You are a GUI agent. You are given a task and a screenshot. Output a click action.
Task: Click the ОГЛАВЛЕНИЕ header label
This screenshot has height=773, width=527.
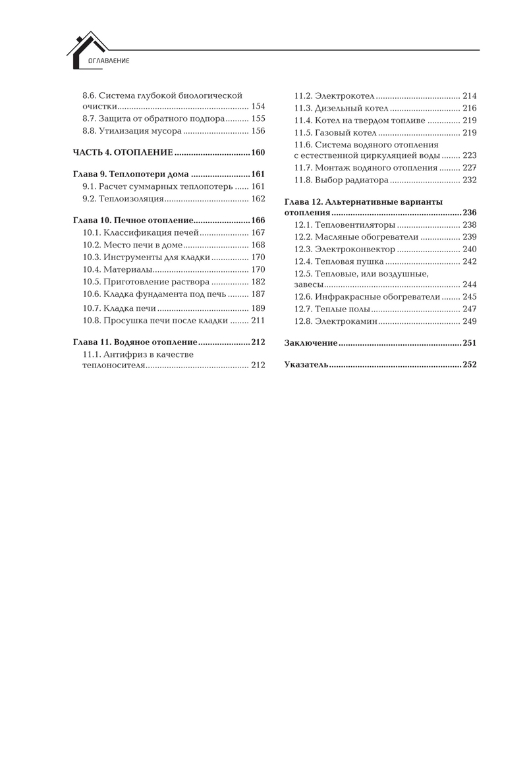pos(104,61)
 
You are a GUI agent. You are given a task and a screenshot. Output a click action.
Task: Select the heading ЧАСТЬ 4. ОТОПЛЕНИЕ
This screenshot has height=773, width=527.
pos(123,153)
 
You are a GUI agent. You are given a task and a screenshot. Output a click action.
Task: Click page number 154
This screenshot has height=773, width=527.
pos(258,106)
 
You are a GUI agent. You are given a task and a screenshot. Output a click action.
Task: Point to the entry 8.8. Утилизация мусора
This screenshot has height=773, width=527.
pos(131,130)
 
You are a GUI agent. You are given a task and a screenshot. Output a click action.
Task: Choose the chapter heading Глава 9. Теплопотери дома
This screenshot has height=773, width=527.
pos(130,175)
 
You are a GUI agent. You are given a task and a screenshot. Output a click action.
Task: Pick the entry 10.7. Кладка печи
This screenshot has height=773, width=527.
pos(119,308)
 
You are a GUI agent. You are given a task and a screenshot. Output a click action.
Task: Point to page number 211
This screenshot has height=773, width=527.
pos(258,320)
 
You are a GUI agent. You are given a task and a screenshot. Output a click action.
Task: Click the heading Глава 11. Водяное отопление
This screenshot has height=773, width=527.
pos(134,342)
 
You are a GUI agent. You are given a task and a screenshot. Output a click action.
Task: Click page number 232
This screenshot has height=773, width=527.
pos(469,180)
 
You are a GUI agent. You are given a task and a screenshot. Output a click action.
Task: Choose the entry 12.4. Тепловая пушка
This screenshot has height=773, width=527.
pos(339,261)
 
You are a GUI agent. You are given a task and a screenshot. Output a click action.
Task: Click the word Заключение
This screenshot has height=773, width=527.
pos(311,343)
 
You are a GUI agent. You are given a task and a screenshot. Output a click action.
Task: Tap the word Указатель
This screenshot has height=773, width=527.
pos(306,365)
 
